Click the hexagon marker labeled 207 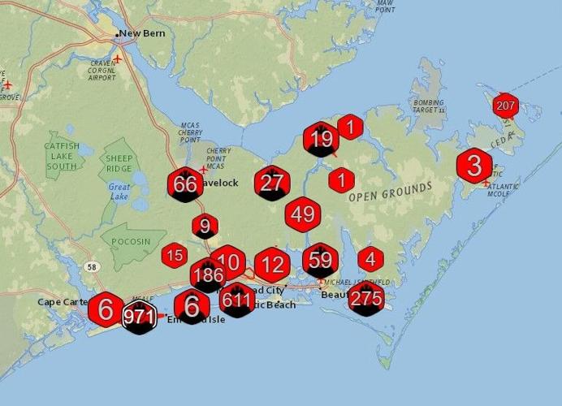pos(505,106)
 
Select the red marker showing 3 pos(474,166)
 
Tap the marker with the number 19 pos(321,140)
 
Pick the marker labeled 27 pos(271,184)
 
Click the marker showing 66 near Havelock pos(185,184)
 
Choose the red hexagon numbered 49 pos(303,214)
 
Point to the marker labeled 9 pos(205,227)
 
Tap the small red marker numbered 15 pos(174,256)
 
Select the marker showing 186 pos(208,275)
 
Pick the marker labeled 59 pos(321,261)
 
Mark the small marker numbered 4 pos(370,259)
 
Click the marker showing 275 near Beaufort pos(365,298)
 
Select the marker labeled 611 pos(237,300)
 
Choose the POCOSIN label pos(127,242)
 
